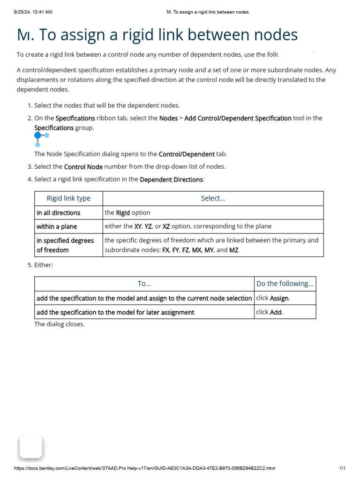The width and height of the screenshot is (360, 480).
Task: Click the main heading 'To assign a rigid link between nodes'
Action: [x=157, y=35]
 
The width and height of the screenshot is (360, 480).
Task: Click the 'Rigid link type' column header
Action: [x=68, y=198]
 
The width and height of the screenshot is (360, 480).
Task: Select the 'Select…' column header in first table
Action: [x=213, y=198]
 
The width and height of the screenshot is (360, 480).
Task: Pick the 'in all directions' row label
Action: [x=59, y=213]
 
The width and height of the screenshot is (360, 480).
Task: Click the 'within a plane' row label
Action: [x=57, y=226]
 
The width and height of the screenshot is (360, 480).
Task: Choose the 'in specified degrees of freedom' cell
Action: [x=65, y=245]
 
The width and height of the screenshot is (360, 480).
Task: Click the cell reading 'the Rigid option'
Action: [x=127, y=213]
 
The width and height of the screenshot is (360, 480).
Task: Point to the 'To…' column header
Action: [x=144, y=284]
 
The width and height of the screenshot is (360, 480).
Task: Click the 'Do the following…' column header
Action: [x=285, y=284]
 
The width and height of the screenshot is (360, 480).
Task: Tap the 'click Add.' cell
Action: [x=270, y=312]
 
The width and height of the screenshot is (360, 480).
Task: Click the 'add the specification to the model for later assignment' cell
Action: [x=115, y=312]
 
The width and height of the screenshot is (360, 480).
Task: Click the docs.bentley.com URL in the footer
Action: [x=144, y=468]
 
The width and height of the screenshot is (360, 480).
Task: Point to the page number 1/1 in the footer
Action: [x=342, y=468]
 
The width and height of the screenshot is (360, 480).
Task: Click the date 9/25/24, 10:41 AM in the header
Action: [x=33, y=12]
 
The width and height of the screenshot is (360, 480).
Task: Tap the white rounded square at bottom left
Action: [x=30, y=447]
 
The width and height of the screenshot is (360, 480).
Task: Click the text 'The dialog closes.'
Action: [x=60, y=324]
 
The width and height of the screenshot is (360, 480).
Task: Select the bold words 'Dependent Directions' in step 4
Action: [x=171, y=180]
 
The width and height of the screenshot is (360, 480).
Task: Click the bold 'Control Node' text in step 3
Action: [x=83, y=167]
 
